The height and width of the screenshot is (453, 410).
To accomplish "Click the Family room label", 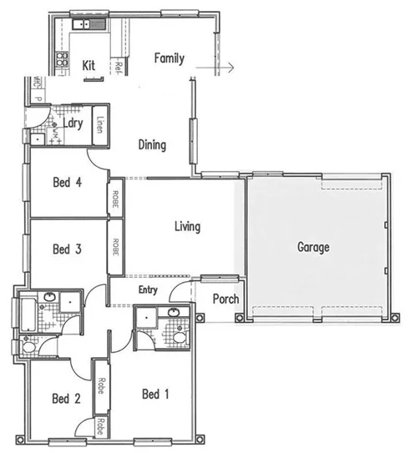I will click(170, 58).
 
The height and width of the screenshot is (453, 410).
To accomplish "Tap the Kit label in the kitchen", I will click(91, 65).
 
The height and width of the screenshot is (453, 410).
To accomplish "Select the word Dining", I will click(152, 145).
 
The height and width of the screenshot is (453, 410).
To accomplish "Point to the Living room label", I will click(187, 226).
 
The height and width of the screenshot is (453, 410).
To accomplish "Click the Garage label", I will click(314, 247).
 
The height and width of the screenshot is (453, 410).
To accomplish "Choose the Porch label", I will click(225, 299).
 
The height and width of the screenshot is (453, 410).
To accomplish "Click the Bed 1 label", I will click(156, 394).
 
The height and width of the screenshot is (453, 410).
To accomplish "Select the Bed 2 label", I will click(66, 398).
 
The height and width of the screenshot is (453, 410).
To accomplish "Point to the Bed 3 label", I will click(66, 249).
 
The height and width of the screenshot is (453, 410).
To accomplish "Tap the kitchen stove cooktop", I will click(61, 59).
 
